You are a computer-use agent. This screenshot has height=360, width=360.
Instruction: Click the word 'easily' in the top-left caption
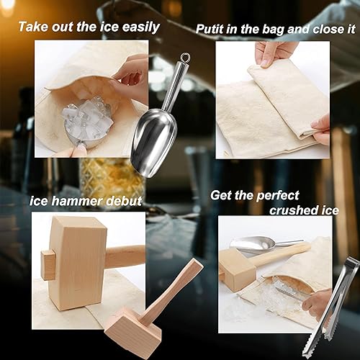pos(140,27)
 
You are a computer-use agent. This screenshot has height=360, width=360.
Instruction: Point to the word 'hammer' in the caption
pos(77,201)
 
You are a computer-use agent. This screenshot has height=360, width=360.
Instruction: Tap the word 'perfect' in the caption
pos(278,197)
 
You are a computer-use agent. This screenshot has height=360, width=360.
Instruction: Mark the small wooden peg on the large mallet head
pos(48,265)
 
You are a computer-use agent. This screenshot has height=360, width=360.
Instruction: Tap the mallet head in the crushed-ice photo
pos(236,269)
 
